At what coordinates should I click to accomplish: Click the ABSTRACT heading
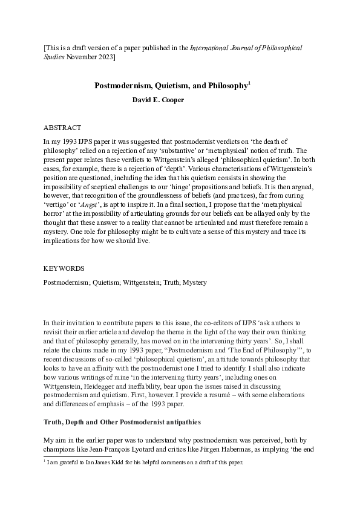(63, 128)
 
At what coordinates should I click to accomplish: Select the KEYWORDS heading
(64, 267)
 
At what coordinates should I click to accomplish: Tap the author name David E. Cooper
(158, 100)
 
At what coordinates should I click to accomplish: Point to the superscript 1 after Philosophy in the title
(249, 83)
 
